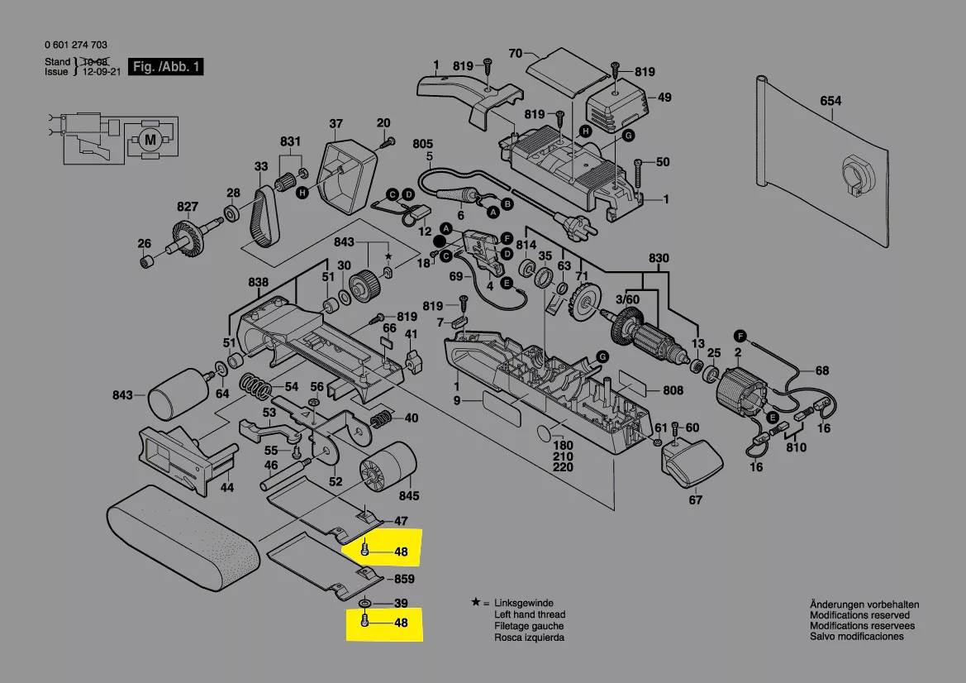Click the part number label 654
tap(830, 101)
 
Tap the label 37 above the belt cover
tap(335, 125)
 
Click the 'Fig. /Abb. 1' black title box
tap(167, 67)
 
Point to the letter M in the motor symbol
tap(150, 140)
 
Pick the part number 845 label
tap(409, 497)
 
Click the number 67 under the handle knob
tap(696, 499)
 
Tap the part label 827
tap(188, 207)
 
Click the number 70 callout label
tap(516, 54)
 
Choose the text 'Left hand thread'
tap(530, 614)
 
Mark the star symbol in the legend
tap(475, 603)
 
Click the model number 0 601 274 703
tap(76, 45)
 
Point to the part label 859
tap(404, 580)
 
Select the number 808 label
tap(673, 390)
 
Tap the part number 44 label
tap(226, 488)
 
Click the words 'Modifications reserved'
tap(859, 615)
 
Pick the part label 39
tap(402, 603)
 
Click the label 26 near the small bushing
tap(145, 243)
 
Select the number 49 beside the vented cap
tap(664, 98)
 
